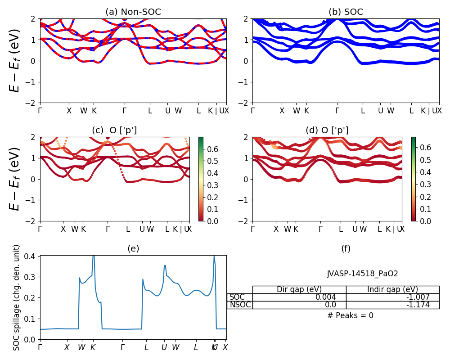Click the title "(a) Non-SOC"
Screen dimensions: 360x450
click(133, 12)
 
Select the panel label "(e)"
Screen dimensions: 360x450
click(133, 248)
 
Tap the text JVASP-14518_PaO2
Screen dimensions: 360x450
click(362, 274)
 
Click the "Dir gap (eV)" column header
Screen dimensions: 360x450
click(299, 289)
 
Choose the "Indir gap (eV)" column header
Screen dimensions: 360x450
click(392, 289)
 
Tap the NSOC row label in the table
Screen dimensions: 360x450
click(239, 305)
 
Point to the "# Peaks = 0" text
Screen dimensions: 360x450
click(350, 315)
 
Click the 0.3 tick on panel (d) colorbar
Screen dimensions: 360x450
click(424, 184)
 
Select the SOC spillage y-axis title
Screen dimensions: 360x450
click(17, 297)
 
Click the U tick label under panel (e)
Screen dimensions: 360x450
click(164, 347)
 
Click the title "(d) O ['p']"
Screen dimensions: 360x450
click(327, 130)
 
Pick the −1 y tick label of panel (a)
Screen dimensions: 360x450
click(31, 82)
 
